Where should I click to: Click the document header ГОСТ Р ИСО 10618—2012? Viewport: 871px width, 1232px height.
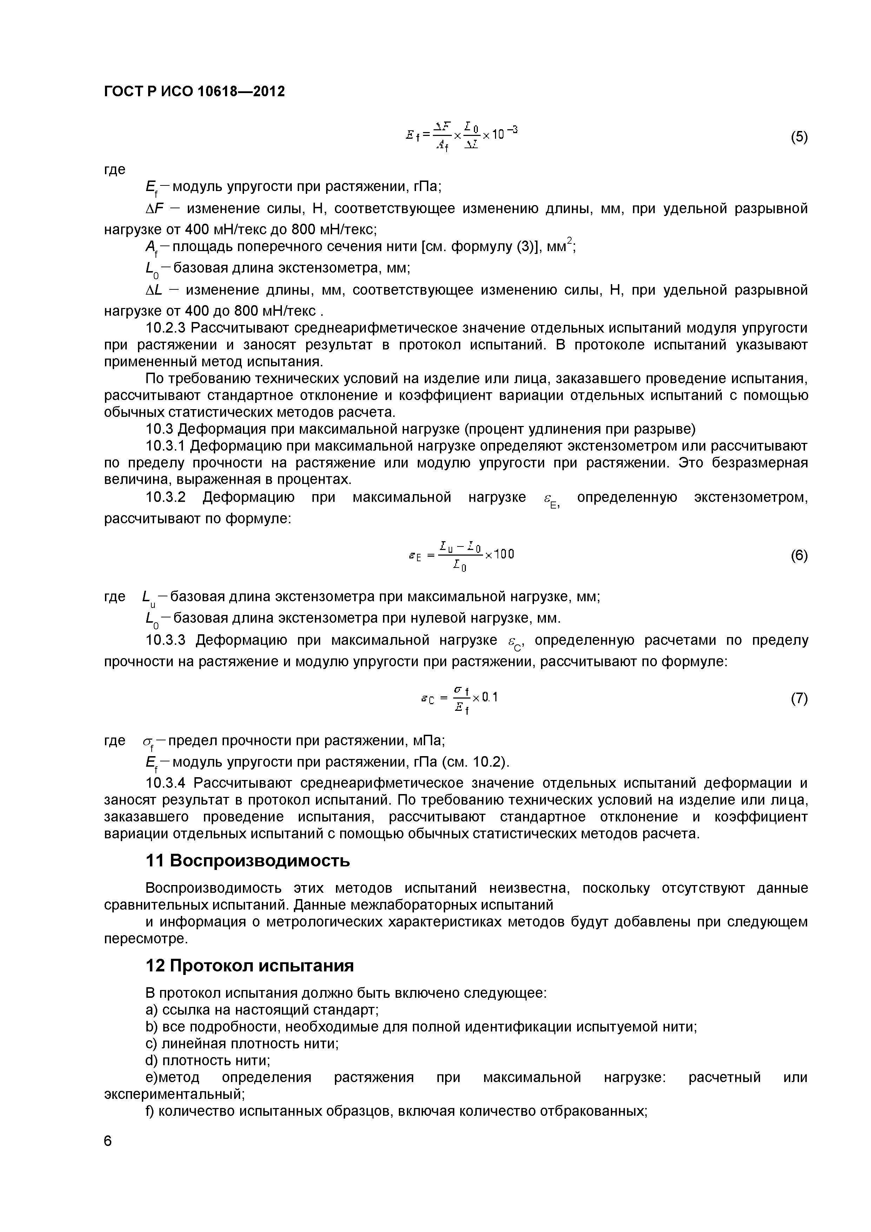pos(194,92)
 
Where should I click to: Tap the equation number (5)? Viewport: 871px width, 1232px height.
pos(799,137)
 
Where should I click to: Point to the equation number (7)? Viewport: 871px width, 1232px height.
pos(799,698)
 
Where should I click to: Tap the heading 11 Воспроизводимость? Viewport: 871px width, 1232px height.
pos(248,861)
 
